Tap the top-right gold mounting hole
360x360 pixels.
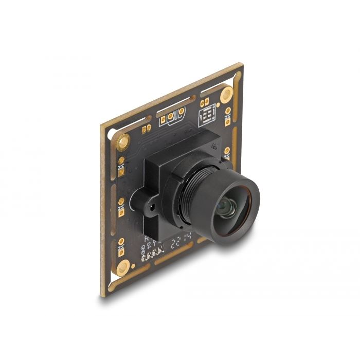click(x=226, y=94)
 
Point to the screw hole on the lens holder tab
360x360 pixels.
click(x=152, y=209)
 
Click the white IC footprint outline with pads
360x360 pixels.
click(x=207, y=117)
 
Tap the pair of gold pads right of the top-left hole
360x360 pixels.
click(x=146, y=129)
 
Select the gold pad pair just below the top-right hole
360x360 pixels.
click(x=227, y=116)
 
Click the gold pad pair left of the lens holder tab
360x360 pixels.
click(x=122, y=206)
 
